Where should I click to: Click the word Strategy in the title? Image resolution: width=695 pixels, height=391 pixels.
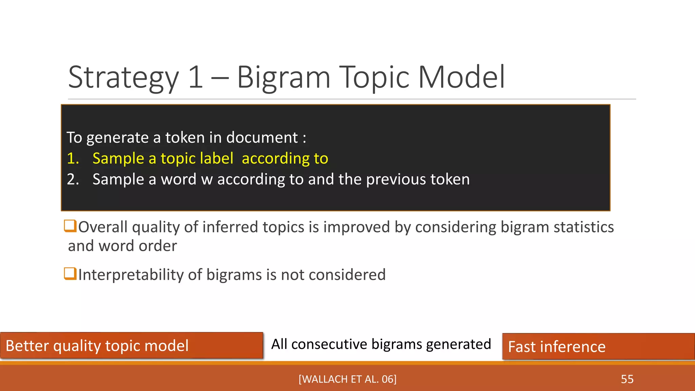pyautogui.click(x=123, y=78)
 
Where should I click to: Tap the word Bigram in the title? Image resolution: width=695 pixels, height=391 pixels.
pyautogui.click(x=283, y=77)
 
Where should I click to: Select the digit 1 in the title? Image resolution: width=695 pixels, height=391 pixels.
pyautogui.click(x=196, y=77)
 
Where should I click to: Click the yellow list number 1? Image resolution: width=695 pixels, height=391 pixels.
pyautogui.click(x=73, y=159)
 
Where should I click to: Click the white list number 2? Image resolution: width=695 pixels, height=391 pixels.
pyautogui.click(x=73, y=179)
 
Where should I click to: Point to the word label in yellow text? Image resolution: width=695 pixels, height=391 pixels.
pyautogui.click(x=217, y=159)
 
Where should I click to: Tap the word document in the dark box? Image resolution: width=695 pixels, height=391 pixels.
pyautogui.click(x=262, y=138)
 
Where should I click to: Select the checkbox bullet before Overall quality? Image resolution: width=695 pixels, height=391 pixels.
pyautogui.click(x=70, y=226)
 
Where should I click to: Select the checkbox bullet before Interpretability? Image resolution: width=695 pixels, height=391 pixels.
pyautogui.click(x=70, y=273)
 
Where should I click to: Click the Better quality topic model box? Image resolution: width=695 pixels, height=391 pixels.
pyautogui.click(x=131, y=346)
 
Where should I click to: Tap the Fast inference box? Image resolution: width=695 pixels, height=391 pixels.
pyautogui.click(x=598, y=347)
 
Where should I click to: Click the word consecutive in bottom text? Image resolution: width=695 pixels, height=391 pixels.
pyautogui.click(x=329, y=344)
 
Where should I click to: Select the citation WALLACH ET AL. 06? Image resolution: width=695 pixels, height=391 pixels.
pyautogui.click(x=347, y=379)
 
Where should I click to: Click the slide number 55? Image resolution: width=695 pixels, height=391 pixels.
pyautogui.click(x=627, y=379)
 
